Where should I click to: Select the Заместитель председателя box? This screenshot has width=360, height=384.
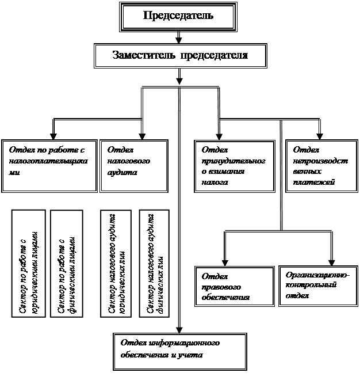pos(180,56)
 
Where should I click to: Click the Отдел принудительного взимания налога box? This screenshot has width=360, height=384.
pos(233,165)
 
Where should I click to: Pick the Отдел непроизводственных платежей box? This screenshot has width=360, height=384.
pos(320,165)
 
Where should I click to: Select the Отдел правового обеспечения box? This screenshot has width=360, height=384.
pos(234,286)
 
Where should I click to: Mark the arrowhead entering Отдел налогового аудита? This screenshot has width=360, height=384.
pos(141,134)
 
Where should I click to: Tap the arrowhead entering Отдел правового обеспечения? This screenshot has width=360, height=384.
pos(225,258)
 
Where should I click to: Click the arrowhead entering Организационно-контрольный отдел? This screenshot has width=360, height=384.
pos(332,258)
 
